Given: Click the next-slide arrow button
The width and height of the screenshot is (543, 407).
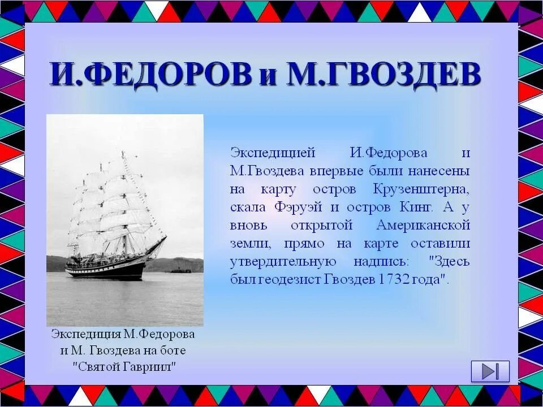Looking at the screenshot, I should [490, 371].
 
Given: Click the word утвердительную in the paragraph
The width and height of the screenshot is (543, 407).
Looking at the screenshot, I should [283, 262].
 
